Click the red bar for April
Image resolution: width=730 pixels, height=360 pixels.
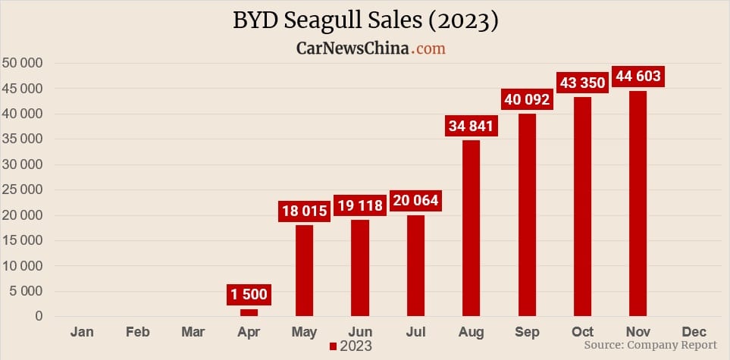point(249,312)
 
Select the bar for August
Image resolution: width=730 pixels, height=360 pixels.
point(472,227)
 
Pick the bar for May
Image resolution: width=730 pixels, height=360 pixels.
point(304,270)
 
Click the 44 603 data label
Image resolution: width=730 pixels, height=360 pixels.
point(638,76)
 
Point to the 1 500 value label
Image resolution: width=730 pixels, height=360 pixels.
point(249,294)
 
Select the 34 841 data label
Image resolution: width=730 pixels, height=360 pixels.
point(472,126)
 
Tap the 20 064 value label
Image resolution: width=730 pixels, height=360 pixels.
point(415,202)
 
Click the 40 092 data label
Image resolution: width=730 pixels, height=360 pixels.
point(527,99)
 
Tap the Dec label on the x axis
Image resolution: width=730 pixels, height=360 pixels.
point(694,332)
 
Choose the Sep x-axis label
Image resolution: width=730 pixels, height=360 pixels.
point(527,332)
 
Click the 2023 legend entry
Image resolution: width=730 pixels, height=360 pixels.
point(351,346)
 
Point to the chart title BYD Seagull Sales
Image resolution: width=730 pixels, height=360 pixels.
point(365,20)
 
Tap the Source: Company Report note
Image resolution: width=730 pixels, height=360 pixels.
point(650,346)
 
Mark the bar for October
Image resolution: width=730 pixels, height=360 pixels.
point(582,206)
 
